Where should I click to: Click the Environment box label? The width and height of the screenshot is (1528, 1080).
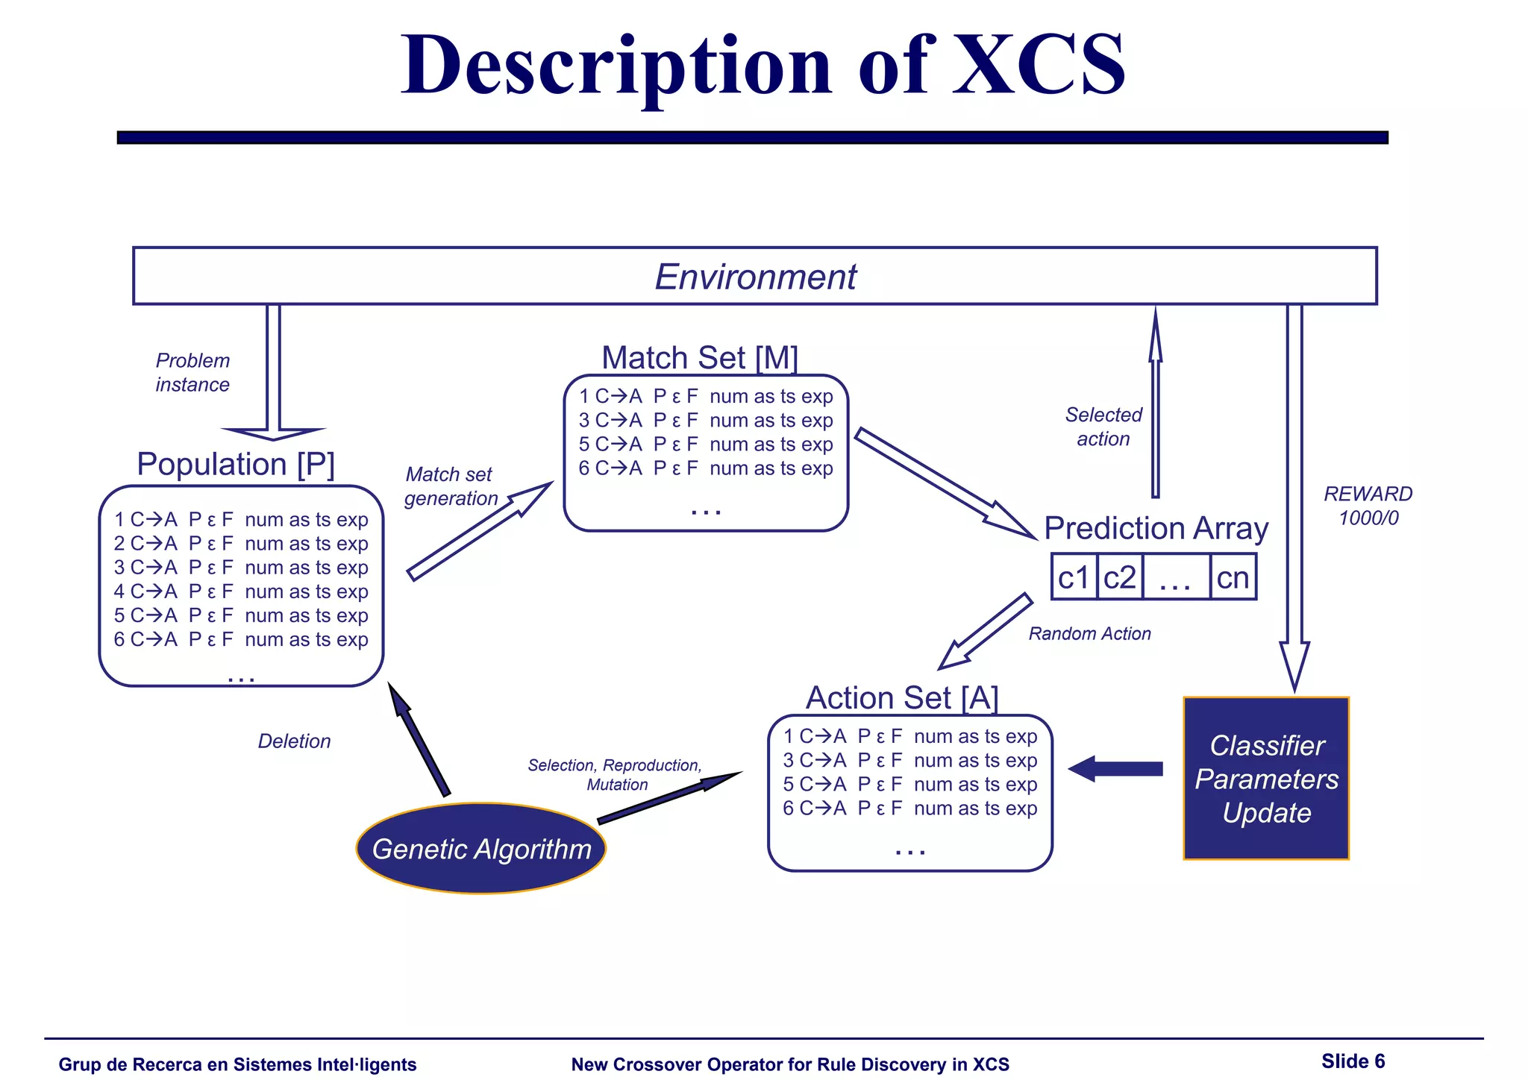(x=755, y=277)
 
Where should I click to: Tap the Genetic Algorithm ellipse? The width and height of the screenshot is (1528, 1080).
(x=481, y=849)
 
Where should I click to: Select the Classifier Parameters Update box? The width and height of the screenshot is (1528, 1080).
(x=1266, y=779)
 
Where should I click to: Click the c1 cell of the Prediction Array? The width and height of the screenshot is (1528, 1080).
(x=1074, y=577)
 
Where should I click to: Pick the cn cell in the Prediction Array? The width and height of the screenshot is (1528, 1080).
(x=1233, y=577)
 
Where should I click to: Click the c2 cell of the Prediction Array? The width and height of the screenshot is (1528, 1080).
(x=1119, y=577)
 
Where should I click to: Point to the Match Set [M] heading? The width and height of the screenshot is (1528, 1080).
(x=700, y=358)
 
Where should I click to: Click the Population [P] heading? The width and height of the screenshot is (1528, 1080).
(x=236, y=464)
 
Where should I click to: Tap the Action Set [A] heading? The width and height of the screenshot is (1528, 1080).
(x=902, y=698)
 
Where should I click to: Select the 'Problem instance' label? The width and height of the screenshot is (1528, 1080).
(x=192, y=372)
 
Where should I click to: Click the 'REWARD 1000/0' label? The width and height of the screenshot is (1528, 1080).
(x=1368, y=506)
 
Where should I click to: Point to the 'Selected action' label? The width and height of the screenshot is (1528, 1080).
(x=1103, y=427)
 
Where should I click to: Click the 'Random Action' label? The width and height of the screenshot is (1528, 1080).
(x=1089, y=634)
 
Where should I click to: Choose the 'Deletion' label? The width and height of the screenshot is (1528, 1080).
(x=294, y=741)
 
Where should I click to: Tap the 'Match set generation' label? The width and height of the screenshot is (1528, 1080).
(x=450, y=486)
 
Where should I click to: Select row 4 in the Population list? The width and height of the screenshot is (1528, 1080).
(x=241, y=591)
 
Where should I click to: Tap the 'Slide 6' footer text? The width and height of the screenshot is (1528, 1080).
(x=1353, y=1061)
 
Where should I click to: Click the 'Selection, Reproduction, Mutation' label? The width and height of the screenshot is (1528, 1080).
(x=616, y=774)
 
